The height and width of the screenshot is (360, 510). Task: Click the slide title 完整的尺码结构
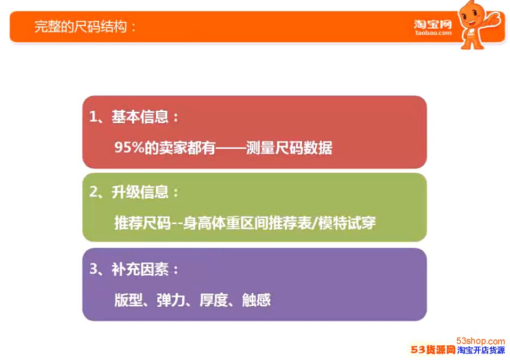tap(81, 27)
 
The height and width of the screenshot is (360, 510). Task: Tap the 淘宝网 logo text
tap(432, 24)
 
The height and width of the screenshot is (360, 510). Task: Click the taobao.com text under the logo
tap(433, 33)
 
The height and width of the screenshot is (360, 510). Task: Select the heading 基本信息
tap(140, 117)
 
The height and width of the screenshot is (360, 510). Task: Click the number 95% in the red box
tap(129, 148)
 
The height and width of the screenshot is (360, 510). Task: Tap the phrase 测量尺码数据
tap(289, 148)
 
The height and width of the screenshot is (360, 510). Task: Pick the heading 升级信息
tap(140, 192)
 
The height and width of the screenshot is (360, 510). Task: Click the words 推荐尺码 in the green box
tap(143, 223)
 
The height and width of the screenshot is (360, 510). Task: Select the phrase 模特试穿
tap(347, 223)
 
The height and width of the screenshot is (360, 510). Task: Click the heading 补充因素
tap(140, 269)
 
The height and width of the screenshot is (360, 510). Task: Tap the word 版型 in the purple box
tap(129, 300)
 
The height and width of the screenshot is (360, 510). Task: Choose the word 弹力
tap(171, 300)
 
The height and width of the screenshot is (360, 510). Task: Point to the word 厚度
tap(213, 300)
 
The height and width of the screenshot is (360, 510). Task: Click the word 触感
tap(256, 300)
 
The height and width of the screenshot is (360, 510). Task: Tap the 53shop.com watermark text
tap(480, 341)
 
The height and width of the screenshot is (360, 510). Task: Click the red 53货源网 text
tap(433, 350)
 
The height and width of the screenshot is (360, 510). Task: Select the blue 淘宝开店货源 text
tap(481, 350)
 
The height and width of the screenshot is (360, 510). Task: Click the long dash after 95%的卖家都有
tap(231, 148)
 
